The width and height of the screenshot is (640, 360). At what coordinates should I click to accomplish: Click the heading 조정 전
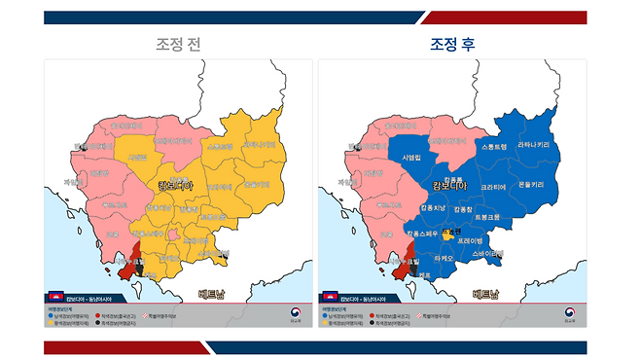pyautogui.click(x=181, y=44)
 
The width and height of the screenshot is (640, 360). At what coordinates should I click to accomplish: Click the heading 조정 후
pyautogui.click(x=452, y=44)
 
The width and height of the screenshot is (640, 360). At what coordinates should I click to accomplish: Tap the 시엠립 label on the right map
pyautogui.click(x=411, y=157)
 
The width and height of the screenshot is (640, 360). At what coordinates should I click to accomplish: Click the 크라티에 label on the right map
pyautogui.click(x=493, y=187)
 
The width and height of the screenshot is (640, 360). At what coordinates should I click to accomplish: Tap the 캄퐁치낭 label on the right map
pyautogui.click(x=433, y=208)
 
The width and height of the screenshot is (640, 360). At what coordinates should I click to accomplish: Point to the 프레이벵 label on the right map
pyautogui.click(x=470, y=238)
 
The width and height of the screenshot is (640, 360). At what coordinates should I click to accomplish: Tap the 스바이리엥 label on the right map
pyautogui.click(x=487, y=253)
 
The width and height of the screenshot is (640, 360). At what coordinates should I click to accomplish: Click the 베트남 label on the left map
pyautogui.click(x=211, y=294)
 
